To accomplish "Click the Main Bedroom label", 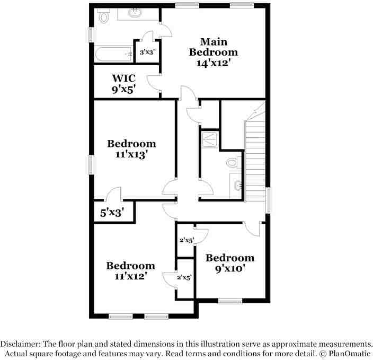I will [x=214, y=47].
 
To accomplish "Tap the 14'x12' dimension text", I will [x=214, y=62].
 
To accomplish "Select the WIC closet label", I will [x=123, y=78].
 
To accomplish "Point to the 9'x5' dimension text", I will [x=123, y=90].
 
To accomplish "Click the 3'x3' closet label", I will [x=147, y=52].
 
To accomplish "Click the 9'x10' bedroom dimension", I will [x=230, y=268].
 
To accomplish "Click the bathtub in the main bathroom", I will [x=114, y=54].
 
